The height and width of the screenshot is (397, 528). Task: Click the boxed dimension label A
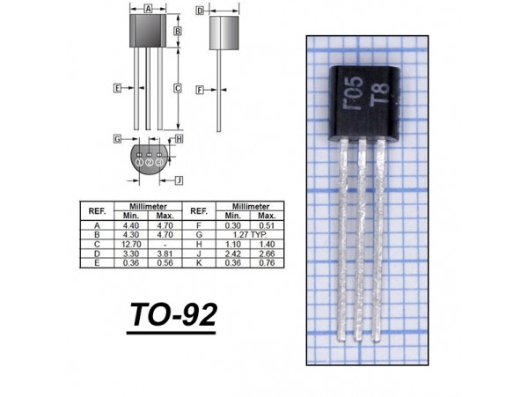coord(148,9)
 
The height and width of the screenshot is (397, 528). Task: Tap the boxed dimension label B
coord(178,31)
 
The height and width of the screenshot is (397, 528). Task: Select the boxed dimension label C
coord(178,89)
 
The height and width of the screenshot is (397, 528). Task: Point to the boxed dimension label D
coord(200,11)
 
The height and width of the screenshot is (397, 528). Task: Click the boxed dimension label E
coord(117,88)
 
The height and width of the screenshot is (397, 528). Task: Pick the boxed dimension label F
coord(200,90)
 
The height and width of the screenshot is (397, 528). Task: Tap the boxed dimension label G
coord(117,139)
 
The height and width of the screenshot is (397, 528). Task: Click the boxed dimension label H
coord(180,139)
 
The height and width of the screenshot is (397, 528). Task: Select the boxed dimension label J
coord(180,180)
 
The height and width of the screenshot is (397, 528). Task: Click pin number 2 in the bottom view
coord(150,163)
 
